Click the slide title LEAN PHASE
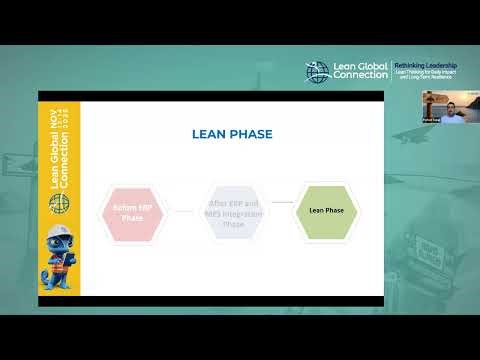click(232, 133)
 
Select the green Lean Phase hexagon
click(326, 211)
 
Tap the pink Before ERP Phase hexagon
click(133, 213)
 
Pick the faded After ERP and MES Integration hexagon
click(232, 211)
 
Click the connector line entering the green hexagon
click(282, 203)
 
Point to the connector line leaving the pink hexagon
click(182, 211)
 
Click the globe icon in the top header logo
click(318, 72)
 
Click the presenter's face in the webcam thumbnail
click(447, 104)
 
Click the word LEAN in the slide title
click(210, 133)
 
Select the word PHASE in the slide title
click(251, 133)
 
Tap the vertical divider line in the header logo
click(391, 71)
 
